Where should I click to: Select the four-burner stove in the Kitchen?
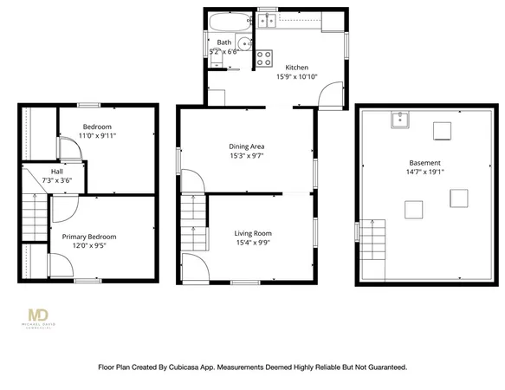click(264, 58)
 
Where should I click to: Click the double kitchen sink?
click(267, 19)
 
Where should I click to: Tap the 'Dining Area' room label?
click(246, 146)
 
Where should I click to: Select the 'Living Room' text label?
click(252, 233)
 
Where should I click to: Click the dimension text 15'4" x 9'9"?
click(252, 244)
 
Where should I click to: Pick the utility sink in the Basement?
click(399, 121)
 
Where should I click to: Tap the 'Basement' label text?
click(424, 163)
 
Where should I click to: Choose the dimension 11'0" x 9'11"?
click(97, 136)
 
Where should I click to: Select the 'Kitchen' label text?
click(296, 67)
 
